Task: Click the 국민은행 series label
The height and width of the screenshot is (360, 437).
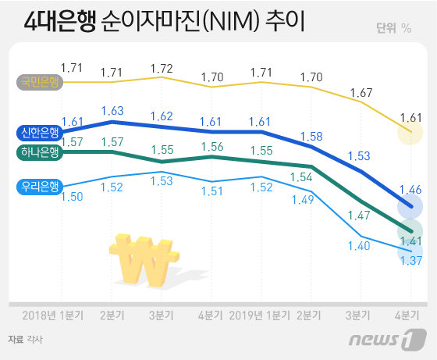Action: (x=38, y=81)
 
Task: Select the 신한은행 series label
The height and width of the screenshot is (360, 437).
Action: (x=38, y=132)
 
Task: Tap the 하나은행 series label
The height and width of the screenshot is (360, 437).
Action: (x=38, y=151)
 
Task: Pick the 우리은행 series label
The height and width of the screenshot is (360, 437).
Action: (x=38, y=186)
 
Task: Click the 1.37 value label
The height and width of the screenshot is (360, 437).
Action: (x=410, y=261)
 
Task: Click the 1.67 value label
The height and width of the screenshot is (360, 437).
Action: (x=361, y=93)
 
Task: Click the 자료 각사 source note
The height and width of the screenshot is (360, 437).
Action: (x=25, y=339)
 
